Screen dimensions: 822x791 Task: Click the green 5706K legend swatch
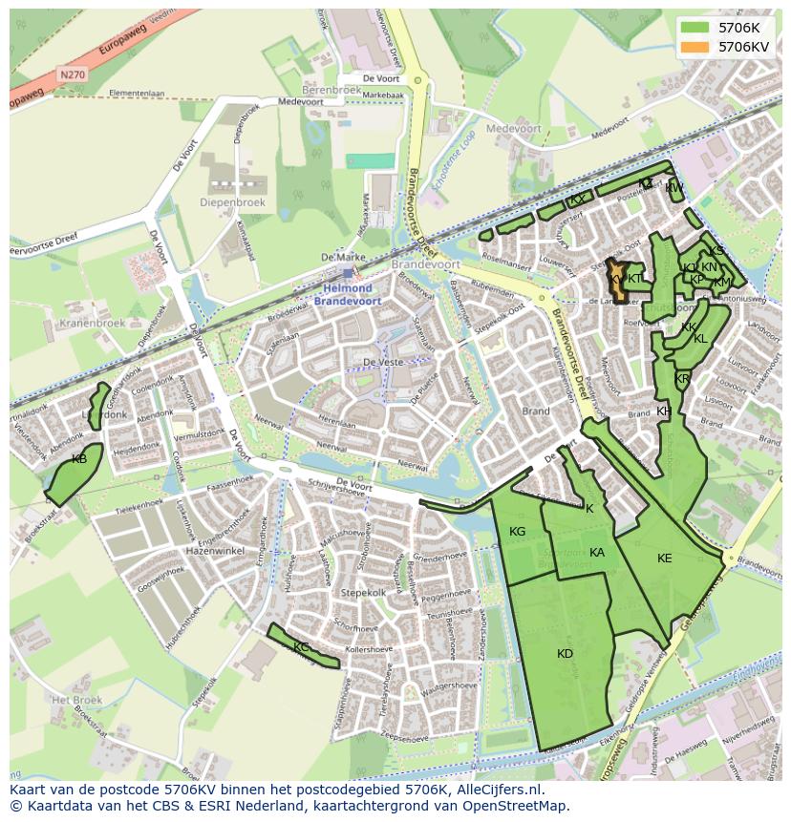click(695, 28)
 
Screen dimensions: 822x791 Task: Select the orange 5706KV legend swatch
click(695, 46)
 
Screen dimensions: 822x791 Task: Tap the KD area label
click(565, 654)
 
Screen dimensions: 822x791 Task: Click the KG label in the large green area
click(517, 532)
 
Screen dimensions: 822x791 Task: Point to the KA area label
click(597, 553)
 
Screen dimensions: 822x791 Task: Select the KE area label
click(665, 559)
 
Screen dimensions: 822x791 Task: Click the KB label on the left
click(79, 459)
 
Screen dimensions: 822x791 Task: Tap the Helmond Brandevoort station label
click(347, 294)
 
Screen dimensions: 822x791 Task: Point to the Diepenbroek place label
click(225, 202)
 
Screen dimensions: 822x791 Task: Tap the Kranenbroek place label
click(94, 324)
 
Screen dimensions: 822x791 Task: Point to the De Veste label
click(380, 363)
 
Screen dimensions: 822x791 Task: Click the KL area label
click(700, 339)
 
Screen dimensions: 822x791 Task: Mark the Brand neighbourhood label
click(535, 411)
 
